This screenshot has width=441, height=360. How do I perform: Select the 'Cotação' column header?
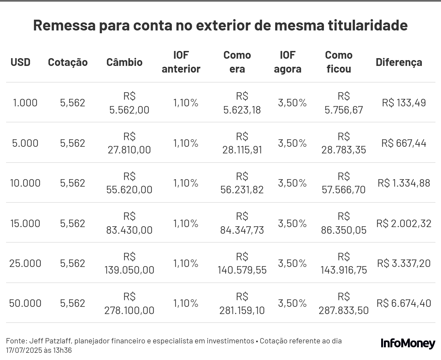pyautogui.click(x=68, y=62)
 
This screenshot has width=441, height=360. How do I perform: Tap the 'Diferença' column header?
pyautogui.click(x=399, y=62)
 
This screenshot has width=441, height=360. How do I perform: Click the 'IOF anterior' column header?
pyautogui.click(x=181, y=62)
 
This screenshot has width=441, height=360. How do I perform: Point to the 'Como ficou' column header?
pyautogui.click(x=339, y=62)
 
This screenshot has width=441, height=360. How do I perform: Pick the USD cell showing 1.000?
pyautogui.click(x=25, y=103)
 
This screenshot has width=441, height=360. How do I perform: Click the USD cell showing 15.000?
pyautogui.click(x=25, y=223)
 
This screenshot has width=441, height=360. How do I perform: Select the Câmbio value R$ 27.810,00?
pyautogui.click(x=129, y=143)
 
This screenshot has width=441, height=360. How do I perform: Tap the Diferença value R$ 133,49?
pyautogui.click(x=404, y=103)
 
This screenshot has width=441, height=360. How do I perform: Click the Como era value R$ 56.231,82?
pyautogui.click(x=242, y=183)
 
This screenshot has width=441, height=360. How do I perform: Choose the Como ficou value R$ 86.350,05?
pyautogui.click(x=344, y=223)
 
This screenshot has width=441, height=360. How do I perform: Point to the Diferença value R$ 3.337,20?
pyautogui.click(x=404, y=263)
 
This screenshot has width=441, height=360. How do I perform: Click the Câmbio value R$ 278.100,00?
pyautogui.click(x=129, y=303)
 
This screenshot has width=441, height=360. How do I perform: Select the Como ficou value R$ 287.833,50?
pyautogui.click(x=344, y=303)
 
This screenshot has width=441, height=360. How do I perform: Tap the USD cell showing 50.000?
pyautogui.click(x=25, y=303)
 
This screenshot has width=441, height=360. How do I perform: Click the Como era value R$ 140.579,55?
pyautogui.click(x=242, y=263)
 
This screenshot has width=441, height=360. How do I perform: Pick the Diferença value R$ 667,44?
pyautogui.click(x=404, y=143)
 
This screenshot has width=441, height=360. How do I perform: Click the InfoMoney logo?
pyautogui.click(x=408, y=343)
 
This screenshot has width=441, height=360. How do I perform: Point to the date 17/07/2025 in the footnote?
pyautogui.click(x=24, y=350)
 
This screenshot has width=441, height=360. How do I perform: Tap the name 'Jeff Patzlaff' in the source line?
pyautogui.click(x=51, y=341)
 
